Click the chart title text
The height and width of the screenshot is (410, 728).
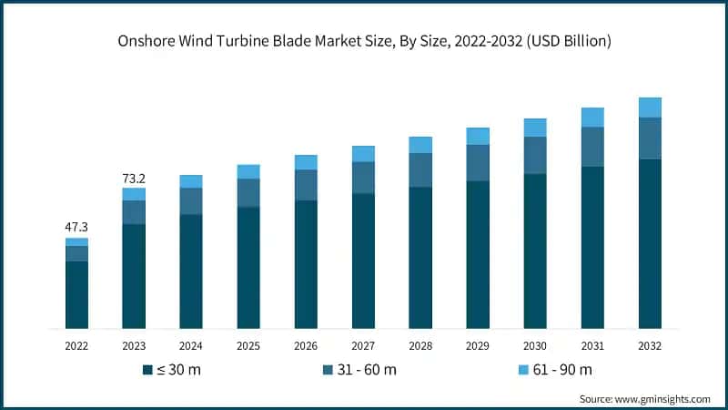(364, 41)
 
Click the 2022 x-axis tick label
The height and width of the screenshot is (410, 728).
(76, 346)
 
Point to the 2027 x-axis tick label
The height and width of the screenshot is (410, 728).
(363, 346)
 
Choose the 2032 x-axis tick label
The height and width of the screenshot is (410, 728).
(650, 346)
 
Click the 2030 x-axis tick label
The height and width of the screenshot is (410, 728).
(535, 346)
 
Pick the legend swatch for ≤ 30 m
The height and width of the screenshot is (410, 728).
(147, 370)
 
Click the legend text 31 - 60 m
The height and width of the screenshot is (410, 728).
(365, 370)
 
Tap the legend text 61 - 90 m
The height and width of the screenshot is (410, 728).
(561, 370)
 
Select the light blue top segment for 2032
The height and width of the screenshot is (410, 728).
(650, 108)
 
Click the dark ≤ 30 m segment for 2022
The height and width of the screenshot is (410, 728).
(76, 294)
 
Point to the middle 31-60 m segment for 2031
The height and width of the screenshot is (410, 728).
(592, 147)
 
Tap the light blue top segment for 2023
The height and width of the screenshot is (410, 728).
(134, 194)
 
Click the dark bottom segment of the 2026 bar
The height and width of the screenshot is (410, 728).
(306, 264)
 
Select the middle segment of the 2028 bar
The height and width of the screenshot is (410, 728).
(420, 170)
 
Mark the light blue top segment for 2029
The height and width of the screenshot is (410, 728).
(478, 137)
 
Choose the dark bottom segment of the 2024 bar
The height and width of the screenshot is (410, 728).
(191, 272)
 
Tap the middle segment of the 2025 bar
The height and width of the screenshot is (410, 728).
(248, 193)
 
